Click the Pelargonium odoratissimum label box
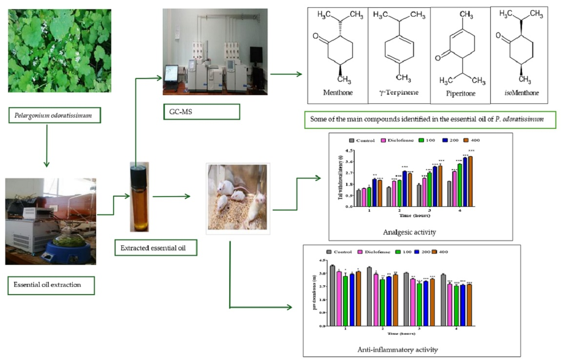point(54,117)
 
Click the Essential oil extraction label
point(51,284)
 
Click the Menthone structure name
point(338,92)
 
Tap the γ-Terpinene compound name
point(399,92)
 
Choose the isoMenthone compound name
point(521,92)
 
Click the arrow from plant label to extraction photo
point(46,145)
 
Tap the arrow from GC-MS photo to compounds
point(286,74)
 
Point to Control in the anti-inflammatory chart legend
point(344,251)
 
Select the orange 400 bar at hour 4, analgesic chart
point(470,181)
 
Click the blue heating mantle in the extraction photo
point(67,248)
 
